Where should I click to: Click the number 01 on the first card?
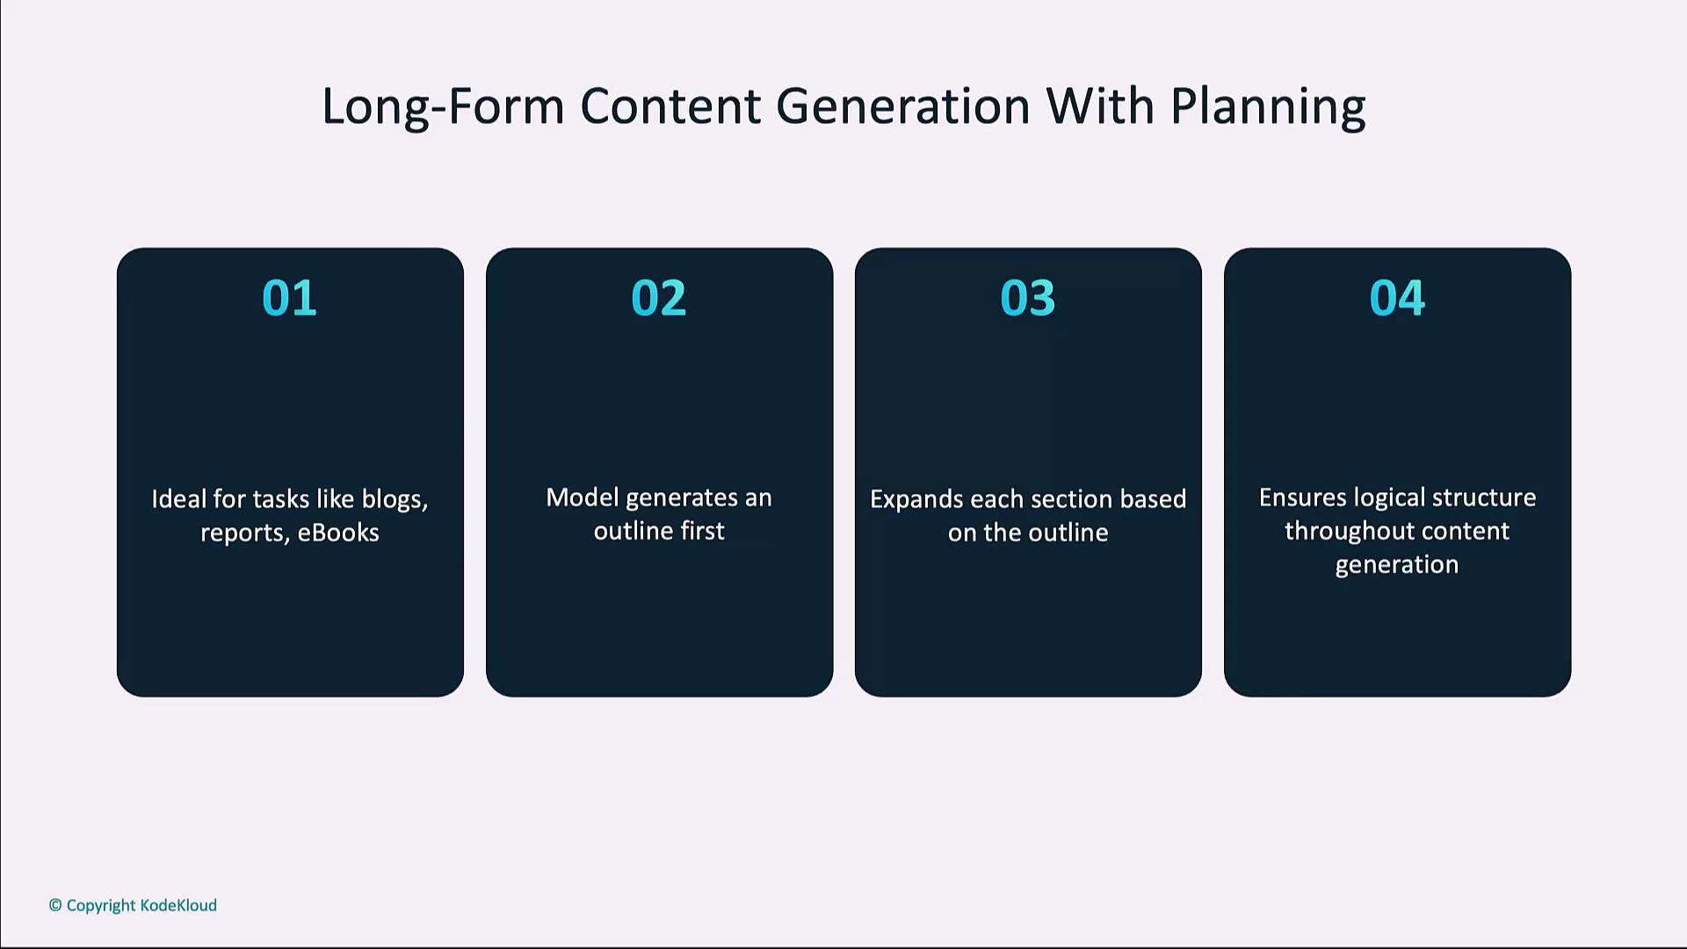(289, 298)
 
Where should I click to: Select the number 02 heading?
(658, 298)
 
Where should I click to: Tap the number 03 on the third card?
(1027, 298)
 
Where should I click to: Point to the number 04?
(1397, 298)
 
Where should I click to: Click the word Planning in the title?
(1268, 108)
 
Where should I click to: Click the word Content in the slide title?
(670, 106)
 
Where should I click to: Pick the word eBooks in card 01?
(338, 532)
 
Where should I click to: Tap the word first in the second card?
(702, 531)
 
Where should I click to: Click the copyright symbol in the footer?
(55, 905)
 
